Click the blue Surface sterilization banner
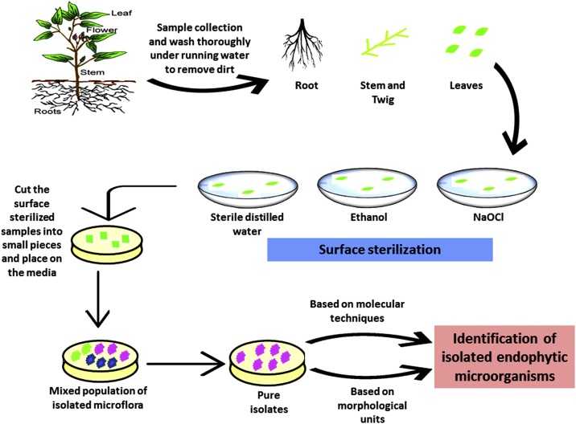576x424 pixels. click(389, 249)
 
